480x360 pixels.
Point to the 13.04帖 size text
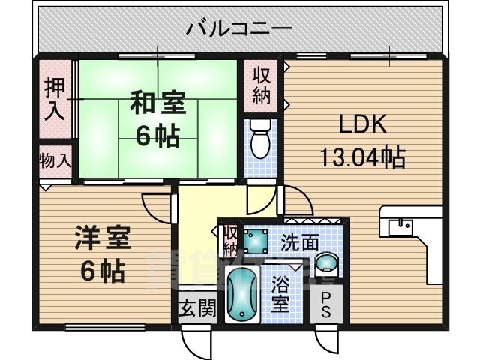tap(363, 157)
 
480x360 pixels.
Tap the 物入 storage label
tap(55, 161)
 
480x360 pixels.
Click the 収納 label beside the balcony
tap(261, 86)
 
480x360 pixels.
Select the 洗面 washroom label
tap(299, 242)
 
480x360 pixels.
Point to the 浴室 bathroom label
tap(281, 294)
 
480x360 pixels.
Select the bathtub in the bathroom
tap(243, 294)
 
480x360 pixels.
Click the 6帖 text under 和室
tap(157, 136)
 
